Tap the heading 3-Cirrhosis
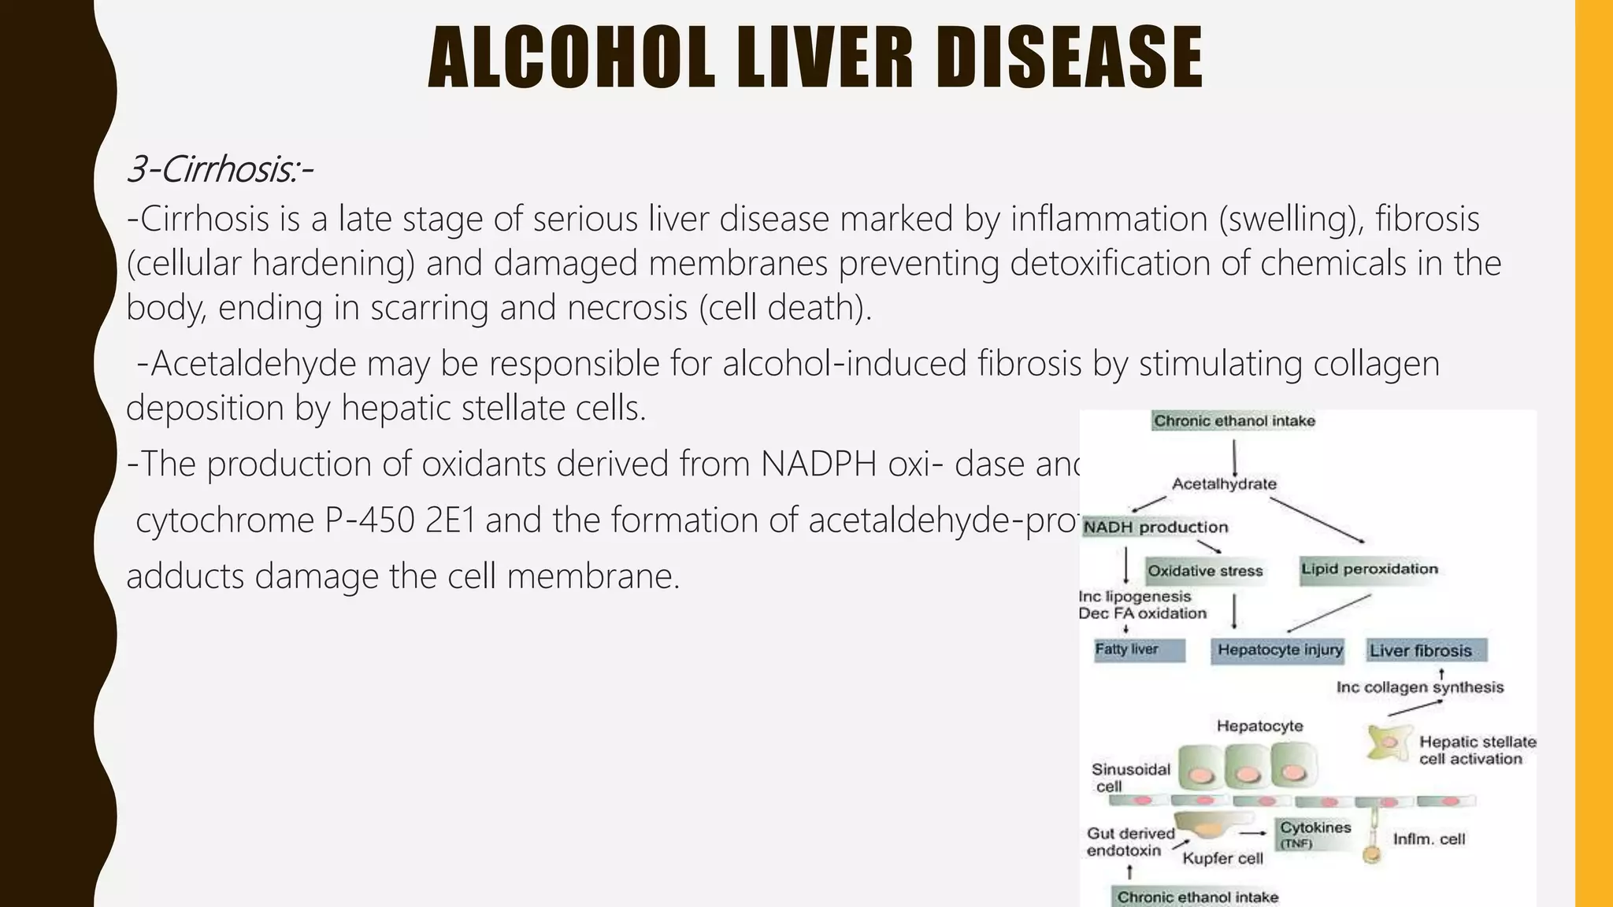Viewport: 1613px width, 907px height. click(x=220, y=168)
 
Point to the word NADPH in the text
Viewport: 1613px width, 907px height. click(x=819, y=464)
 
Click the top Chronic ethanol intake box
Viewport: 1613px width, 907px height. click(x=1234, y=421)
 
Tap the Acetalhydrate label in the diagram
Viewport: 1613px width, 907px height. click(x=1224, y=483)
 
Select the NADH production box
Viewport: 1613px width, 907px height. click(x=1155, y=527)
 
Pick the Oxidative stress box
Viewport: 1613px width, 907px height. click(x=1205, y=571)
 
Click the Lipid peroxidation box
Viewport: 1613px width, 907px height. click(x=1370, y=569)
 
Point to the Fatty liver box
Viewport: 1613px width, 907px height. click(x=1139, y=650)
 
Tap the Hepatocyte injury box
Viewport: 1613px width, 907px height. click(x=1279, y=650)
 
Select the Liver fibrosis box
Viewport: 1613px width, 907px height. click(x=1426, y=650)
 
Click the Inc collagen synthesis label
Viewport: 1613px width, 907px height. click(x=1419, y=687)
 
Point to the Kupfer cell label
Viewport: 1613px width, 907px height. click(x=1222, y=858)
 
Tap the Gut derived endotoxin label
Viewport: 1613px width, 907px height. click(x=1129, y=842)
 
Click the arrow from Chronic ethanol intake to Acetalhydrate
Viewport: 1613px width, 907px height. click(x=1234, y=457)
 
